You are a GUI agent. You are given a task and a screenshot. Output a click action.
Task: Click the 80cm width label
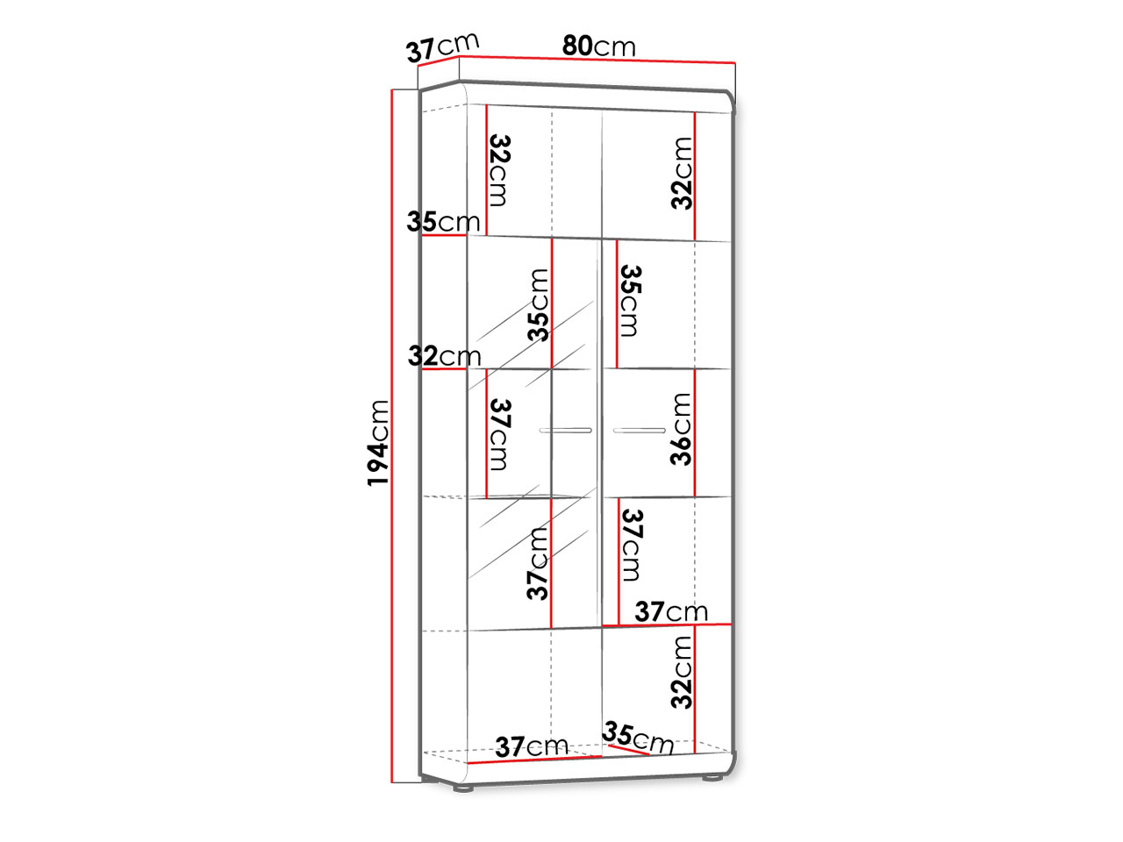click(598, 46)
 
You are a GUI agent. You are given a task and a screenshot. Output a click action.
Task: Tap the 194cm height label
click(379, 443)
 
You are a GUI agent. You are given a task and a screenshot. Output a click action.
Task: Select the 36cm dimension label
click(681, 429)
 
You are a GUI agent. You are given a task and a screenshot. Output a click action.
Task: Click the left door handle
click(565, 431)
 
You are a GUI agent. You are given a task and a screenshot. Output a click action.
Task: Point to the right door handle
click(640, 431)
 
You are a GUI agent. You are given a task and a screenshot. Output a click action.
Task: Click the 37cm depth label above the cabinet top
click(442, 47)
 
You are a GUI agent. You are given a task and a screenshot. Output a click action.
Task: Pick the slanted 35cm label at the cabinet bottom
click(638, 738)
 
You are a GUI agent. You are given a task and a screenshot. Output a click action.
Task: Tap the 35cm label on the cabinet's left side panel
click(443, 222)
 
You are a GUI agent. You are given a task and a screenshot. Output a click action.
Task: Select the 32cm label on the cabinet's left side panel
click(444, 356)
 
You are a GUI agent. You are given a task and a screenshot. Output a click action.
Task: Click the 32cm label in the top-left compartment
click(500, 170)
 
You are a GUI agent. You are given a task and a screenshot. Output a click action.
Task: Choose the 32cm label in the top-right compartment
click(682, 174)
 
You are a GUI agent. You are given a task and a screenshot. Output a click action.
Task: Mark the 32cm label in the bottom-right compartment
click(682, 672)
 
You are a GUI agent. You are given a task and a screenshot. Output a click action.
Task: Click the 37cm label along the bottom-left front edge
click(532, 747)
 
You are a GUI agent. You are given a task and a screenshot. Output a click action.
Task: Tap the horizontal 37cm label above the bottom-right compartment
click(671, 611)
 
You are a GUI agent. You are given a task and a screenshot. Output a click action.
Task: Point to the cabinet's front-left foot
click(463, 788)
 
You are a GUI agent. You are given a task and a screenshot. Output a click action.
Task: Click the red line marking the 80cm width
click(597, 60)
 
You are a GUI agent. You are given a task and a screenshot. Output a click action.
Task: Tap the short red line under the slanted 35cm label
click(628, 749)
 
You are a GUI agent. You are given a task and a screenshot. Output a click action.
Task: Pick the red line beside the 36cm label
click(695, 432)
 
